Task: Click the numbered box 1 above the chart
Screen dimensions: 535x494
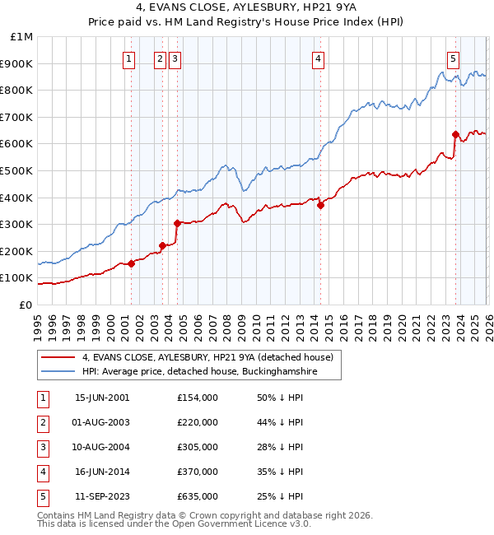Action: pyautogui.click(x=130, y=58)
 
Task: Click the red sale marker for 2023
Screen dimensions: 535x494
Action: pyautogui.click(x=455, y=134)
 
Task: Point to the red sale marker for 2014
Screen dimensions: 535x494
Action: pyautogui.click(x=321, y=206)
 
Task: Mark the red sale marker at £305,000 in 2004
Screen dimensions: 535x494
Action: pyautogui.click(x=177, y=223)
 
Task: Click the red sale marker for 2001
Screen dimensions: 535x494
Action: pyautogui.click(x=132, y=263)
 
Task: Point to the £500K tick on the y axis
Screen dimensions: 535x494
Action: pyautogui.click(x=21, y=170)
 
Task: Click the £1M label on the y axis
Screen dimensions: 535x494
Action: pyautogui.click(x=22, y=36)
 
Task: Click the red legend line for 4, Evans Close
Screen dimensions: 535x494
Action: pyautogui.click(x=58, y=357)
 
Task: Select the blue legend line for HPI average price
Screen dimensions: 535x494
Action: pyautogui.click(x=58, y=372)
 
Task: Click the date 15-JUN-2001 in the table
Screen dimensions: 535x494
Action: pyautogui.click(x=102, y=398)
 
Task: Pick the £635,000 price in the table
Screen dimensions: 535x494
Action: pyautogui.click(x=197, y=496)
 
